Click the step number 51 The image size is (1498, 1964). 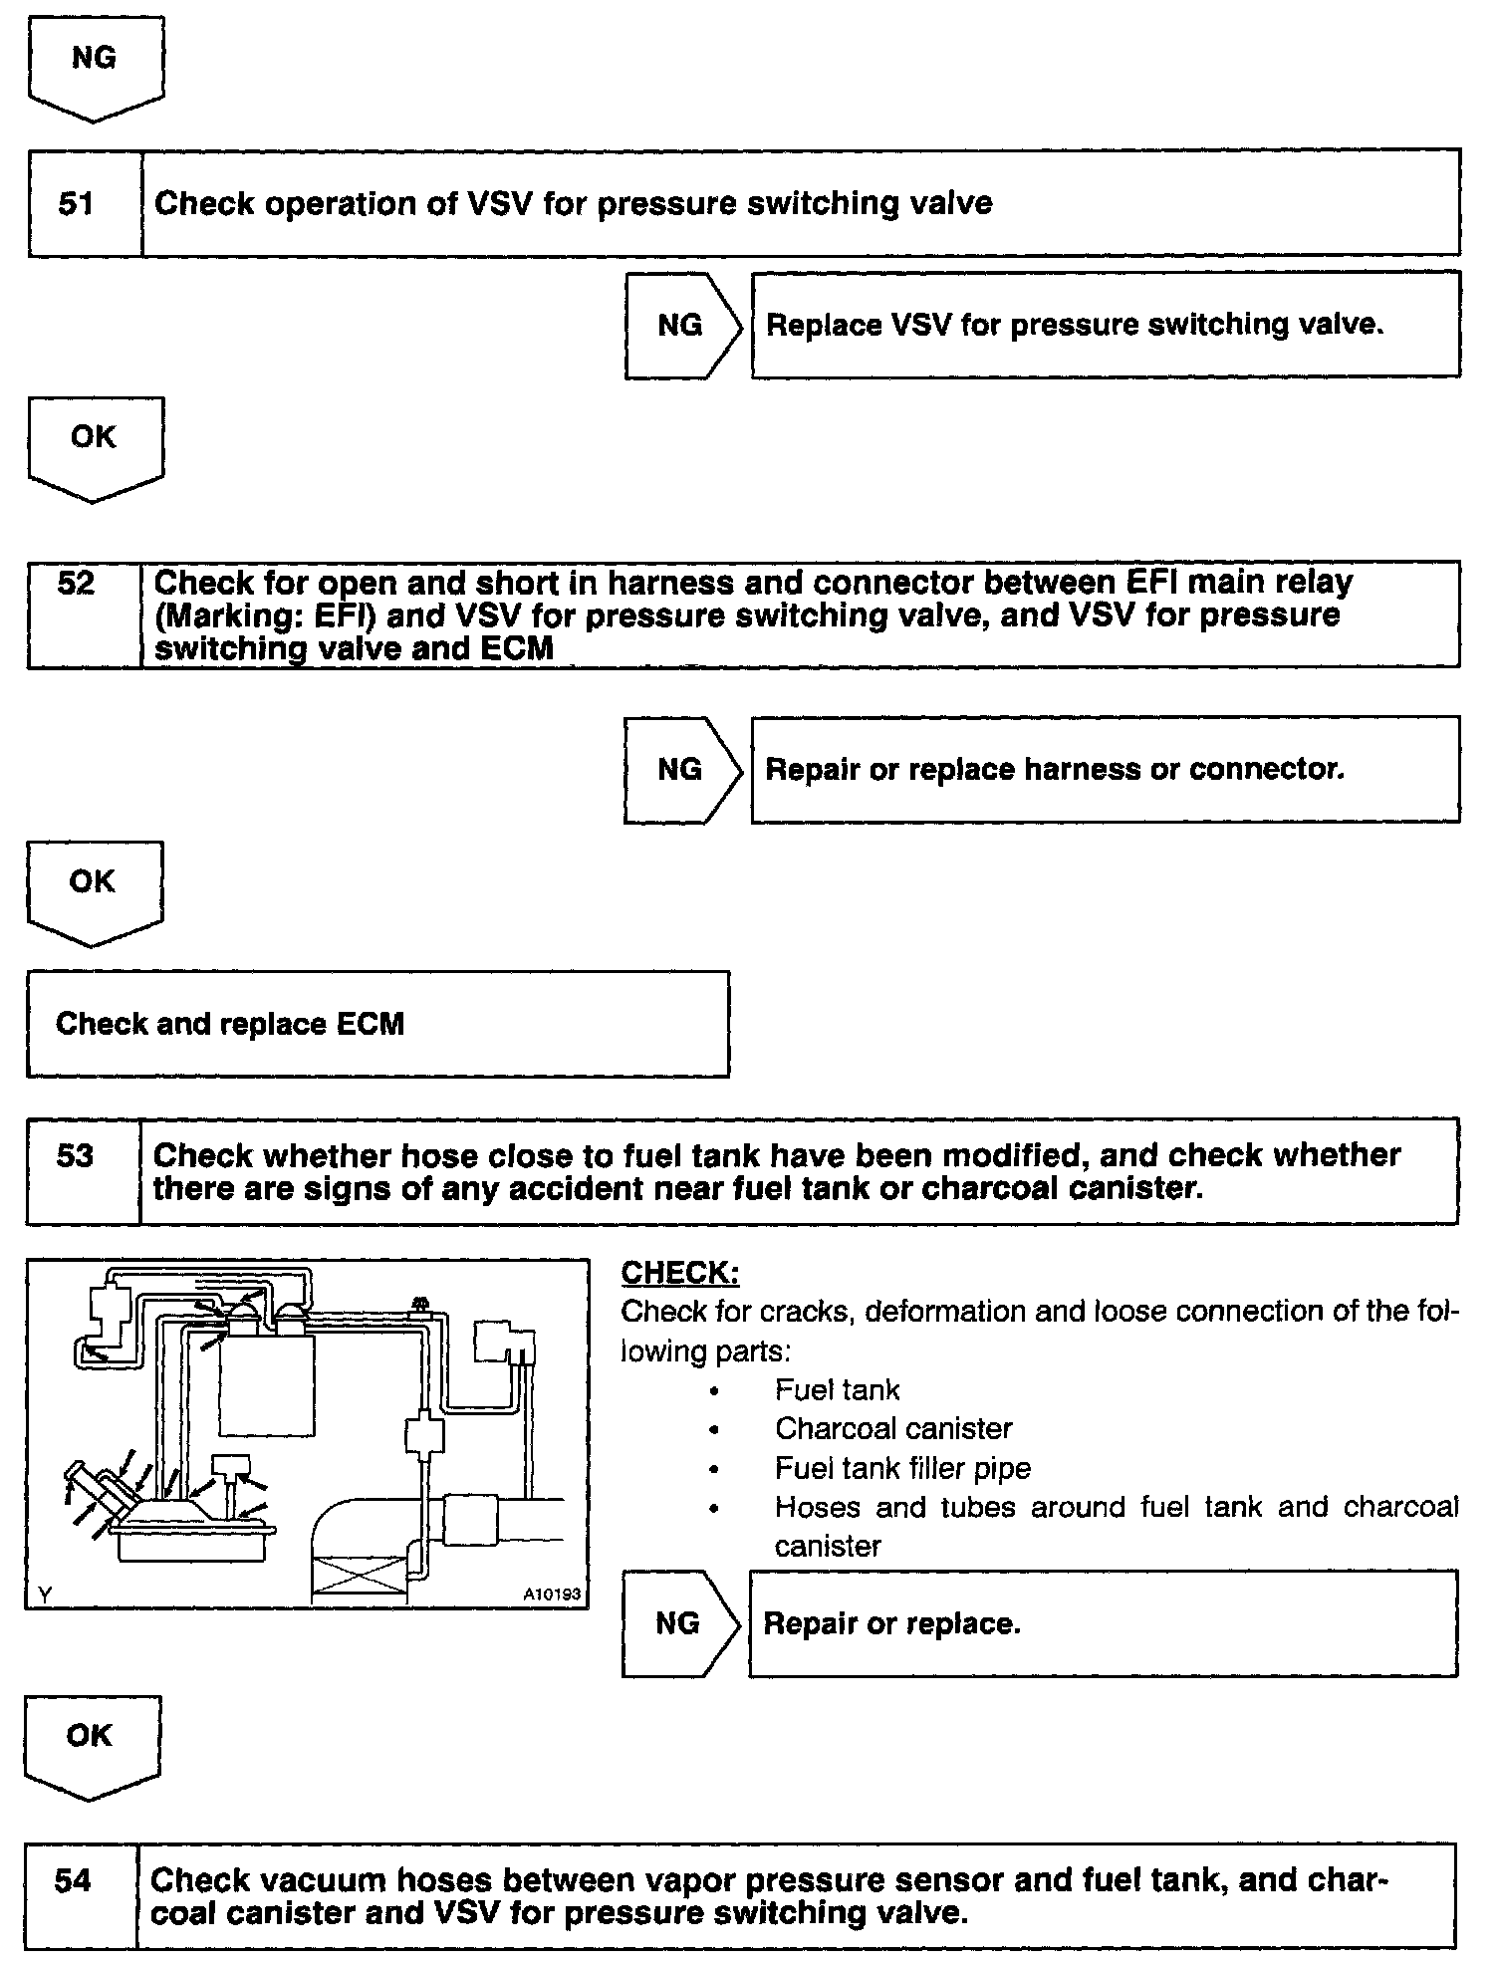coord(77,204)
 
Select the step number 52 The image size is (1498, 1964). coord(77,584)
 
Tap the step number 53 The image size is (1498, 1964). coord(76,1157)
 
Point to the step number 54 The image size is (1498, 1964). coord(73,1881)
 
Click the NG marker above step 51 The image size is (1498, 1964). coord(94,60)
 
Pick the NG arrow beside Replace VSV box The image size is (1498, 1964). coord(681,326)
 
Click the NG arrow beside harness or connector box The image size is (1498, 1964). coord(680,770)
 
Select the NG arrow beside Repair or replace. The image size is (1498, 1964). coord(678,1624)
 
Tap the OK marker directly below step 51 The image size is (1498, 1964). coord(94,438)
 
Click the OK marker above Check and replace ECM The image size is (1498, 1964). coord(93,882)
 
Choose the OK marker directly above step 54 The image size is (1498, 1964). coord(90,1736)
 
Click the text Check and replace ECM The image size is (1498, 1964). coord(230,1024)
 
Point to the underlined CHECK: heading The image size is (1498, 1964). coord(680,1273)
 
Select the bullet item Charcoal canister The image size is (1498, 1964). coord(893,1429)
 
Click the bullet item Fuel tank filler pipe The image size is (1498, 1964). coord(902,1468)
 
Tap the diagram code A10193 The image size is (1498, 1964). coord(551,1595)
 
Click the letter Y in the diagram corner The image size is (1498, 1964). coord(44,1596)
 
